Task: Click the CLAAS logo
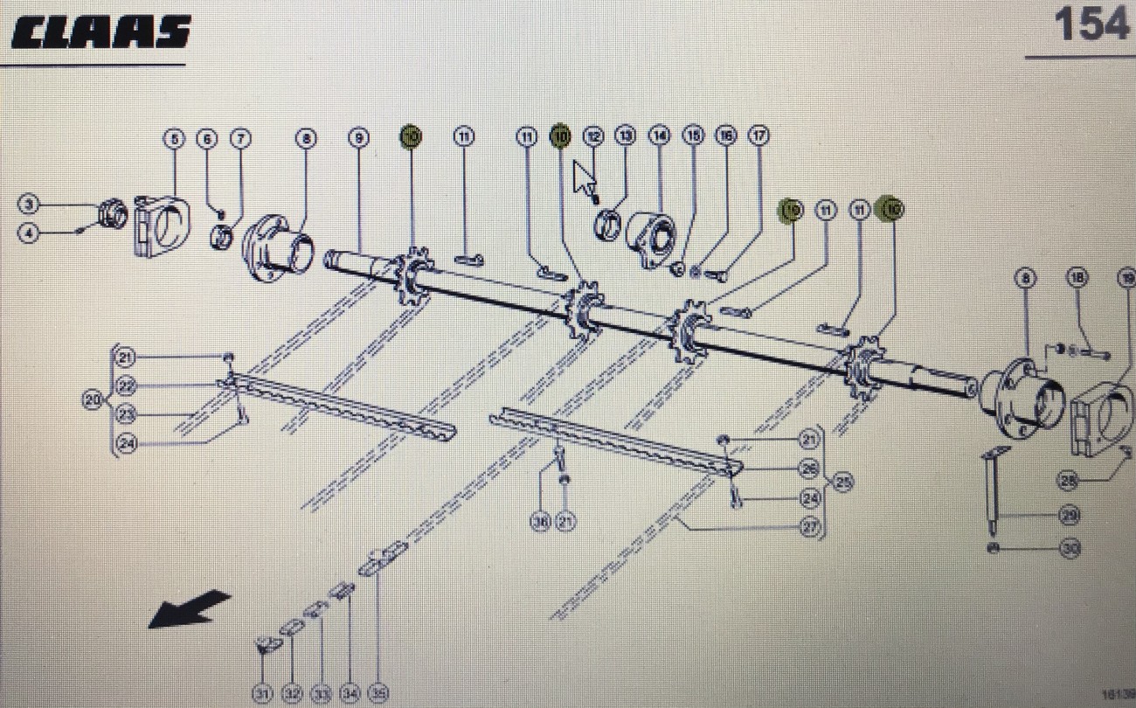(100, 32)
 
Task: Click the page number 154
(1091, 24)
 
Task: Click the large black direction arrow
(189, 608)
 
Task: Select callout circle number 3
(29, 205)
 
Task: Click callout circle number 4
(29, 234)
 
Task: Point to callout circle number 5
(175, 137)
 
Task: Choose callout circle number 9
(358, 137)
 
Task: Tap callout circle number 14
(658, 135)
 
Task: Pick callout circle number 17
(758, 135)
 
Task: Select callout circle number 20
(93, 400)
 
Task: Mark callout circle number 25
(842, 482)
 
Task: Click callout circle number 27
(810, 527)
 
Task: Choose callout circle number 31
(262, 694)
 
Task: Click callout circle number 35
(378, 694)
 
